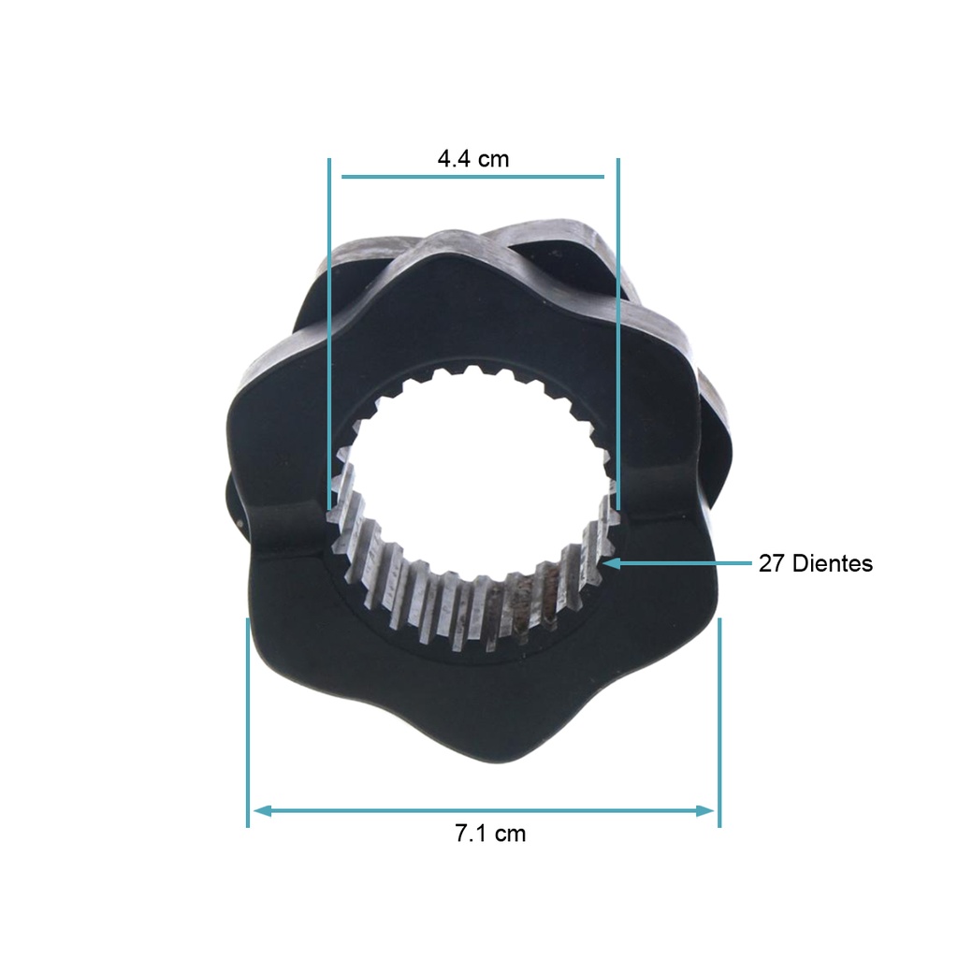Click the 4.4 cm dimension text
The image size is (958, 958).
[x=473, y=158]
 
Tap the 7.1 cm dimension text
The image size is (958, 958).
[x=490, y=834]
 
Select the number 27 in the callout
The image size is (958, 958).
[x=771, y=563]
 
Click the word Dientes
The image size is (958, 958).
[x=832, y=563]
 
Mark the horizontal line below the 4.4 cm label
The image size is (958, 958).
[x=472, y=176]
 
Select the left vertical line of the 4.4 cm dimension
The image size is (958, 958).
[x=329, y=327]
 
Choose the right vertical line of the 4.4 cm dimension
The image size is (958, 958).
[x=618, y=327]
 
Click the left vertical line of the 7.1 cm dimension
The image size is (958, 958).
[x=248, y=720]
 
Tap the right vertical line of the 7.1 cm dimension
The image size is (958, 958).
[x=718, y=720]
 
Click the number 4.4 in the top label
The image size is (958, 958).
[x=455, y=158]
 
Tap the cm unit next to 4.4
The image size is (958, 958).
[x=494, y=158]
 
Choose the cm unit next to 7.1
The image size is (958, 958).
[x=511, y=834]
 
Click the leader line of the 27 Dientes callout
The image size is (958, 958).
[x=683, y=563]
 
